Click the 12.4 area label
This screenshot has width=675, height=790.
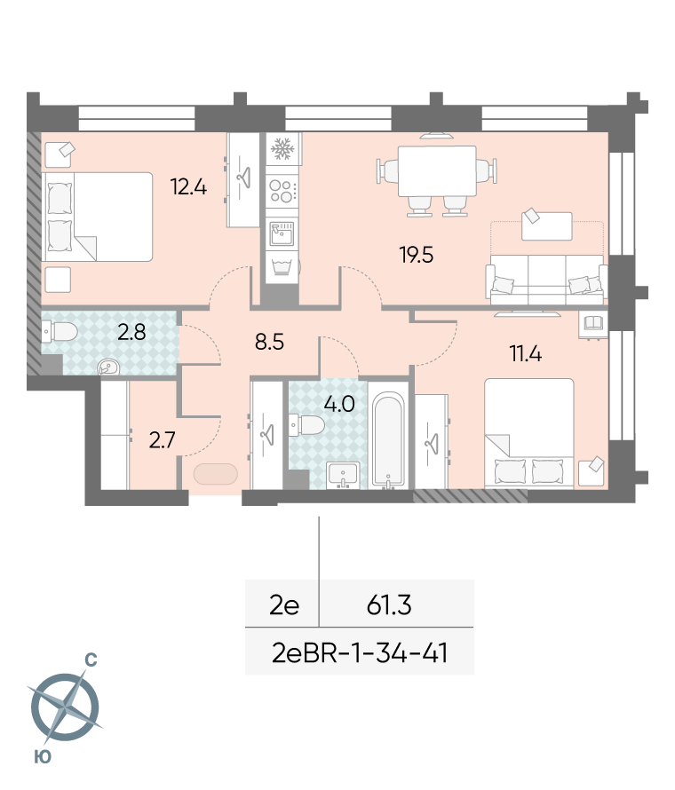pos(188,187)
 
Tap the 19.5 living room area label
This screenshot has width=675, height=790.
pos(417,255)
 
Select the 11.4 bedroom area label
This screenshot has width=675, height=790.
pos(525,353)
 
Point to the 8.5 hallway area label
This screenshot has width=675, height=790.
pos(269,342)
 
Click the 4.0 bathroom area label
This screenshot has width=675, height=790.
pos(339,404)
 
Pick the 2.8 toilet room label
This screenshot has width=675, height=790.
pos(131,332)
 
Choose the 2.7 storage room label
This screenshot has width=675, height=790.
pos(162,440)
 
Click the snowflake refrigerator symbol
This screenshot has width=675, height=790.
pos(282,149)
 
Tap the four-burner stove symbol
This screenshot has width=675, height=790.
pos(282,192)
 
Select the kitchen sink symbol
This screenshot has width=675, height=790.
pos(282,233)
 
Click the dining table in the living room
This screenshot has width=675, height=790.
pos(437,171)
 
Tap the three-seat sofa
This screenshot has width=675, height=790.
pos(546,280)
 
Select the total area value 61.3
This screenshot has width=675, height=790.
pos(389,604)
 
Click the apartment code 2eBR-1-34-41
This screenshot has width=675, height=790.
pos(360,653)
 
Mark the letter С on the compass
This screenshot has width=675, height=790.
pos(91,660)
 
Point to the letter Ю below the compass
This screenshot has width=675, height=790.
pos(43,757)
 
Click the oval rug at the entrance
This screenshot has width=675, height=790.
pos(215,474)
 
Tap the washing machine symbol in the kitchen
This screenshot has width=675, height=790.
pos(282,266)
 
